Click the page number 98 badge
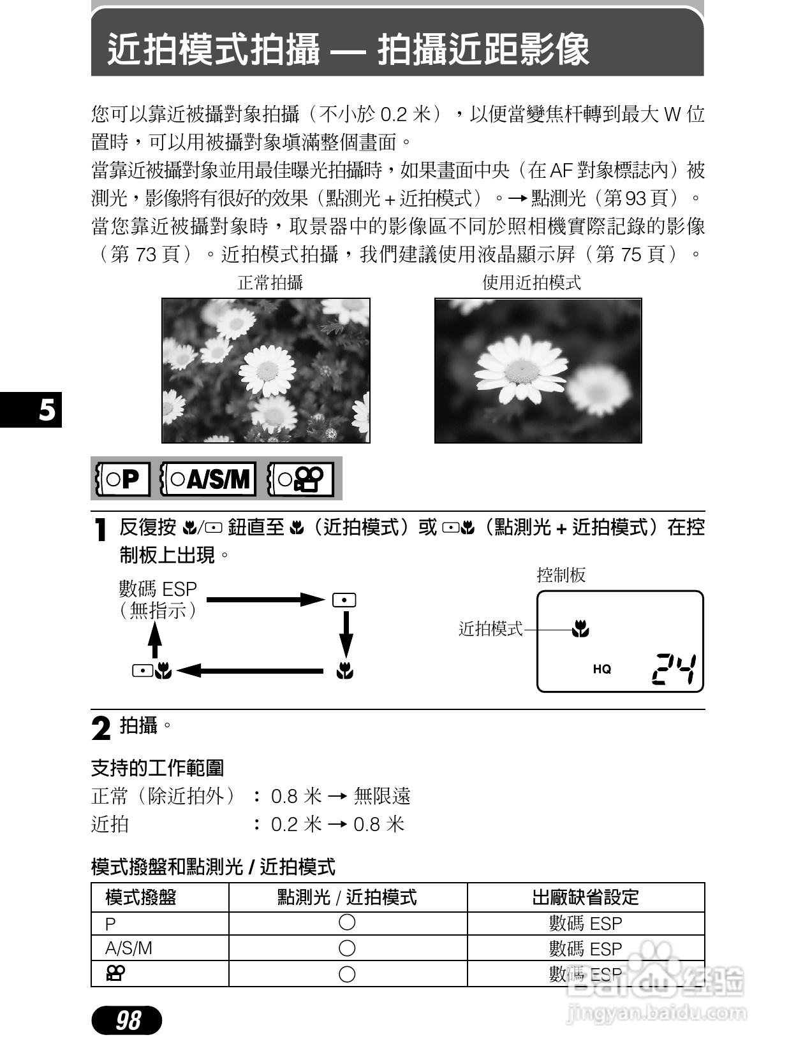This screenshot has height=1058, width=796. point(127,1020)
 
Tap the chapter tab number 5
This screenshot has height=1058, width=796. point(47,410)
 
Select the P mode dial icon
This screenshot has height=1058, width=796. point(122,479)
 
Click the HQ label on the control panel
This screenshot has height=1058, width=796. point(601,669)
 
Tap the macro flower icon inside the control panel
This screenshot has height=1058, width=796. point(580,630)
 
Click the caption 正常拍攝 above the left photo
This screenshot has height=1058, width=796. point(270,282)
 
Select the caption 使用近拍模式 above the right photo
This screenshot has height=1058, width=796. point(531,282)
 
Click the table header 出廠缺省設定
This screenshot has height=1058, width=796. point(585,897)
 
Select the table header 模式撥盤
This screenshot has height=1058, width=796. point(140,897)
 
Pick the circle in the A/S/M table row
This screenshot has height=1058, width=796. point(347,948)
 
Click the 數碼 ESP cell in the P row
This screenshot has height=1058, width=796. point(585,923)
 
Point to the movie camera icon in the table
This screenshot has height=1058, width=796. point(115,973)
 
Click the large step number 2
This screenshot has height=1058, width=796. point(101,728)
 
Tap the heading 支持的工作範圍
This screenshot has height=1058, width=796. point(158,768)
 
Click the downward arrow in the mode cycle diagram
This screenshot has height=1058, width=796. point(346,634)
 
